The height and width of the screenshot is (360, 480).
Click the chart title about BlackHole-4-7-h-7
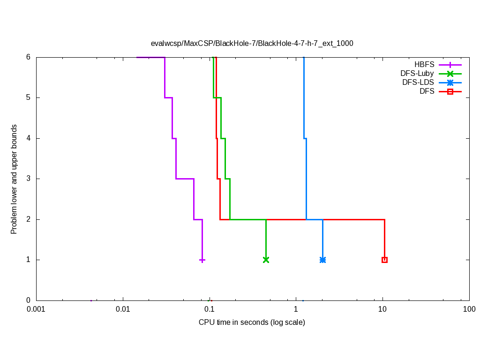[252, 43]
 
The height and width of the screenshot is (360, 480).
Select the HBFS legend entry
[424, 65]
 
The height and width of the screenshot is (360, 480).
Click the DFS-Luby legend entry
[417, 74]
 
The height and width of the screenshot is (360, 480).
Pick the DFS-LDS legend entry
[418, 82]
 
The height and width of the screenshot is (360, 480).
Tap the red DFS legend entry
[427, 91]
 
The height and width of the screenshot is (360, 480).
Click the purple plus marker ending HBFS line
[202, 260]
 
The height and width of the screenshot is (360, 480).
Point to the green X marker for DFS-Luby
[266, 260]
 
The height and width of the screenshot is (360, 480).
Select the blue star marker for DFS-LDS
[322, 260]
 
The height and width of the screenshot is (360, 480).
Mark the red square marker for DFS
[384, 260]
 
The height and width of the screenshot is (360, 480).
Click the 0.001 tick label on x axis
[36, 309]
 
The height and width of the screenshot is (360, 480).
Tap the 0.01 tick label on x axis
[123, 309]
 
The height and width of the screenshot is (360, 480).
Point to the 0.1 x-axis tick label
[209, 309]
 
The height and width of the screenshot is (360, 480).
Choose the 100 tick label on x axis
[469, 309]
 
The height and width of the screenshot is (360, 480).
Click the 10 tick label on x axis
[382, 309]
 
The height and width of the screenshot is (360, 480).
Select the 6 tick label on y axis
[28, 57]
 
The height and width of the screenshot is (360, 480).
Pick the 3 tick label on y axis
[28, 179]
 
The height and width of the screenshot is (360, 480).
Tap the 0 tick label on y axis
[28, 300]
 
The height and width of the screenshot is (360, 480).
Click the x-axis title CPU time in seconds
[252, 322]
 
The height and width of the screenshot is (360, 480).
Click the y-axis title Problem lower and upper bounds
[15, 179]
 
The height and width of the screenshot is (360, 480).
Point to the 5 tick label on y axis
[28, 97]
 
